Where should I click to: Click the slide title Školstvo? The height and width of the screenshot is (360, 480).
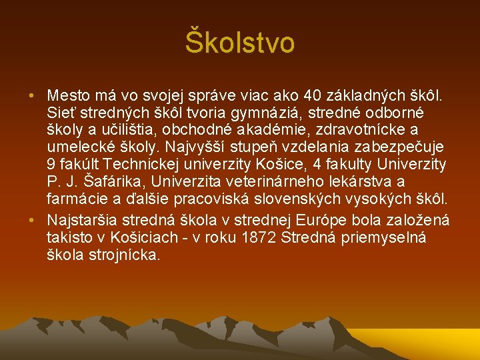coord(239,43)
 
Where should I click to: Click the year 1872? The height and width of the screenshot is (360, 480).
coord(259,238)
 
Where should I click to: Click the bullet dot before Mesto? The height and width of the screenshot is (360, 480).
coord(32,96)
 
